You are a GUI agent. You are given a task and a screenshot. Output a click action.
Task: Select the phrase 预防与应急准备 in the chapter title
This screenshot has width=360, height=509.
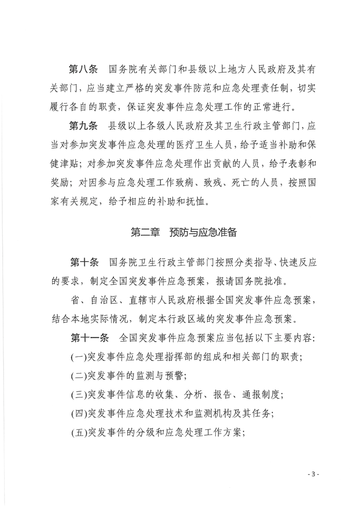point(203,232)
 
